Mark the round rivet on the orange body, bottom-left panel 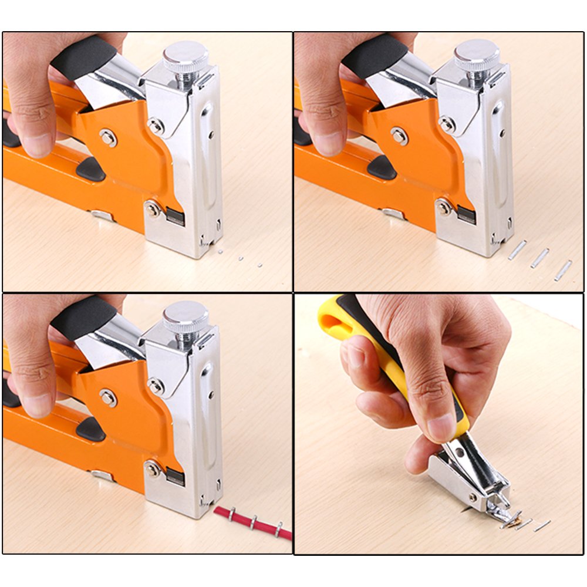click(x=107, y=398)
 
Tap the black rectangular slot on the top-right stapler click(x=466, y=216)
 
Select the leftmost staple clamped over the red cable click(x=232, y=515)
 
